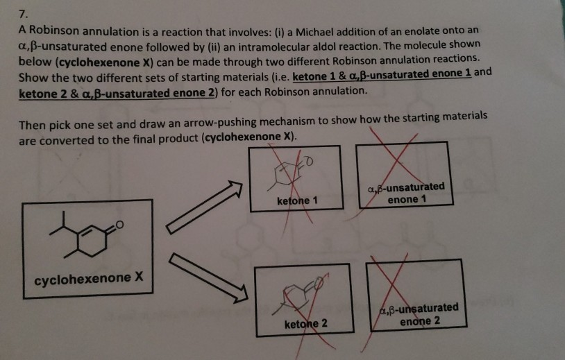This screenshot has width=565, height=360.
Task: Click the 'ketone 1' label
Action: coord(296,200)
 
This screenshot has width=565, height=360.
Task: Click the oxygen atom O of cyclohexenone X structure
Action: coord(120,223)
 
